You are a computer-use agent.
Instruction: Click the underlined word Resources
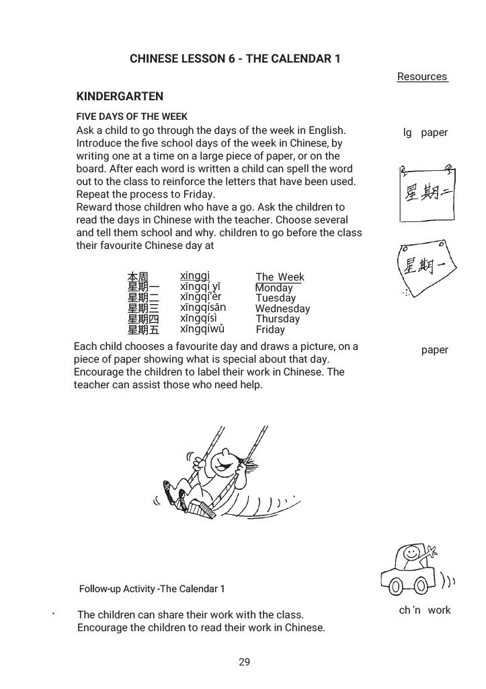click(x=422, y=77)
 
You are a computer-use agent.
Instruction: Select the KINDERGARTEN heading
click(x=120, y=96)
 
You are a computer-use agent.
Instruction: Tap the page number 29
click(x=244, y=662)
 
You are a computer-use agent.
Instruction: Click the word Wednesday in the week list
click(x=282, y=309)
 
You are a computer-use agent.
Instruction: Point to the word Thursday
click(x=278, y=319)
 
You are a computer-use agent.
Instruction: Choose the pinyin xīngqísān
click(x=203, y=307)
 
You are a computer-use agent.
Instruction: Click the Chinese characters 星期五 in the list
click(x=143, y=330)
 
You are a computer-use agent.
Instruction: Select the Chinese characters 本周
click(x=138, y=277)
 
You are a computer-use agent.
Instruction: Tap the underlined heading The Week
click(x=280, y=277)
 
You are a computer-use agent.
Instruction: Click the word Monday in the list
click(x=274, y=288)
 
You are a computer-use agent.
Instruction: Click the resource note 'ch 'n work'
click(x=425, y=610)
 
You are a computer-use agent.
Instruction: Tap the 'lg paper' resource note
click(x=425, y=133)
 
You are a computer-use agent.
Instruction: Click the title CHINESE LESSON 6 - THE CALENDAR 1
click(x=235, y=59)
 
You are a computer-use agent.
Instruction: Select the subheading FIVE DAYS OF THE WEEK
click(x=132, y=116)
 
